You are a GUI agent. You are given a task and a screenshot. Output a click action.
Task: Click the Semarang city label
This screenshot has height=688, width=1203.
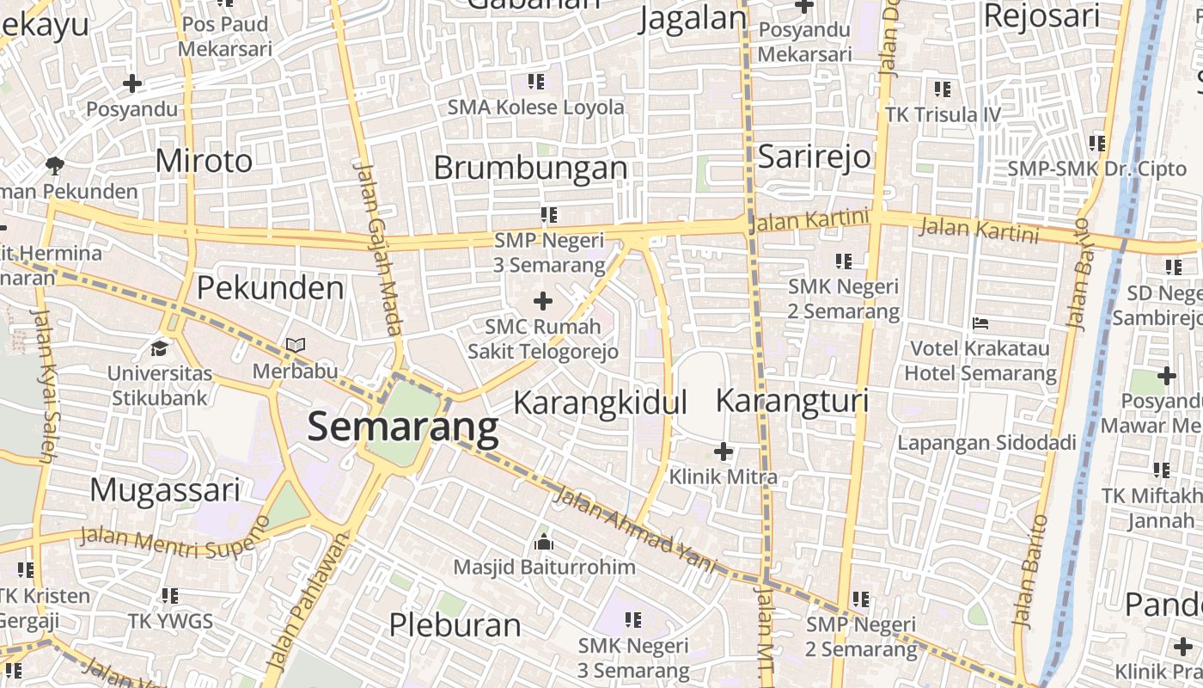point(403,427)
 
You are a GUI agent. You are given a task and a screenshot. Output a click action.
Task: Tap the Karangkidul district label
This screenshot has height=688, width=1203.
point(601,402)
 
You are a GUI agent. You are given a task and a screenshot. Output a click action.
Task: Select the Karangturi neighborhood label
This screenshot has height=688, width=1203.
point(792,401)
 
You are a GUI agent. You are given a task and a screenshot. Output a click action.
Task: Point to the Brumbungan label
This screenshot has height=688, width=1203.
point(530,168)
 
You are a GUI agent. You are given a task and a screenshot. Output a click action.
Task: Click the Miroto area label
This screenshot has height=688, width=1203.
point(205,161)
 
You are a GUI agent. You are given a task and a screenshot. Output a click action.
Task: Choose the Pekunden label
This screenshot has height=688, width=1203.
point(270,288)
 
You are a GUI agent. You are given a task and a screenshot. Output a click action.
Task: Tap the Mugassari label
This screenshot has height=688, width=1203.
point(165,489)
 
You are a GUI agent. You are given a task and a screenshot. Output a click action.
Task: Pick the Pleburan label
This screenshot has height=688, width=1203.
point(455,624)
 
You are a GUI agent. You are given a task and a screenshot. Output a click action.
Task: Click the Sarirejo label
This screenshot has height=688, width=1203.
point(814,157)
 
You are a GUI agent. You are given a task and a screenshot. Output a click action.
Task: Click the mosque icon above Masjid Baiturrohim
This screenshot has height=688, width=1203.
point(543,543)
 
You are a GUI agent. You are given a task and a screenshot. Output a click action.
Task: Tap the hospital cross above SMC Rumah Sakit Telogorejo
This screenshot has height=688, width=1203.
point(542,301)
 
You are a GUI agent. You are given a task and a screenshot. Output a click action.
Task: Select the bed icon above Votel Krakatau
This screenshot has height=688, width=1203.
point(980,323)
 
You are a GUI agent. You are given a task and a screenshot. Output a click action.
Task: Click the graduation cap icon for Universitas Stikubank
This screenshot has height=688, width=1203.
point(159,347)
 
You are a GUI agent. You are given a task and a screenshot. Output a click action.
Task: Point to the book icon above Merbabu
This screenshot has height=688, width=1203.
point(296,345)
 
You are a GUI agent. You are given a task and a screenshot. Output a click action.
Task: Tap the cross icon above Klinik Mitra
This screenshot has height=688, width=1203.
point(724,451)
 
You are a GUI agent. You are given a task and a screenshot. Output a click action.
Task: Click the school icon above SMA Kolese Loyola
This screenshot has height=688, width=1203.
point(536,82)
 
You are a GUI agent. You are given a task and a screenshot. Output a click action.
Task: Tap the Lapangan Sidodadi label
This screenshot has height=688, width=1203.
point(986,443)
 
